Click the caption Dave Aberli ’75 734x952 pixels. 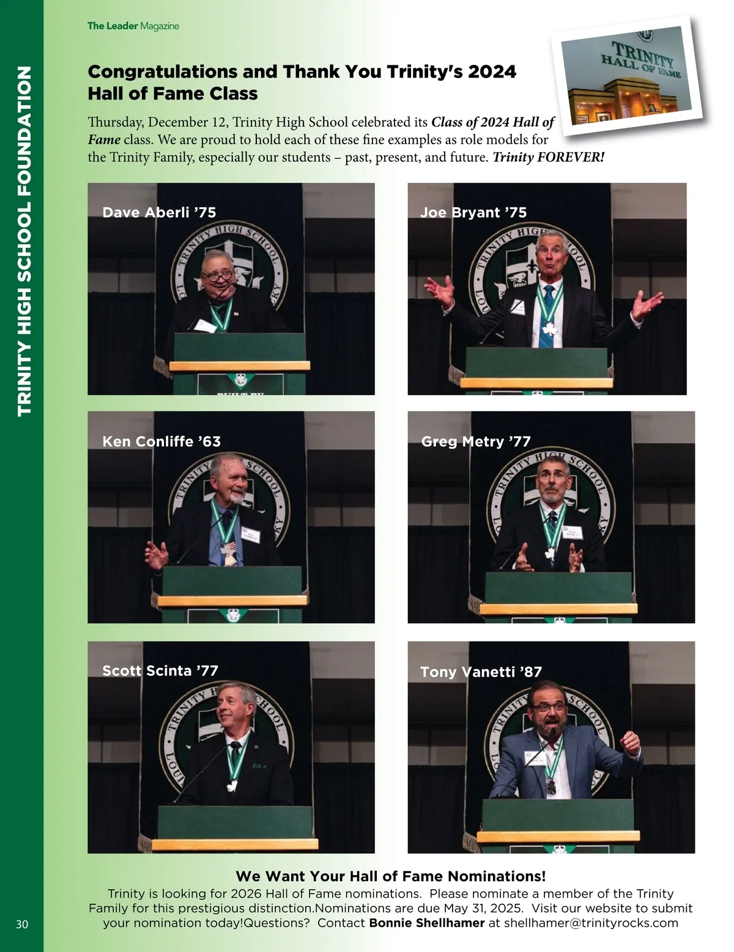click(159, 213)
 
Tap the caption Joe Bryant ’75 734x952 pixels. click(473, 213)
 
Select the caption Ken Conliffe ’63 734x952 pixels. click(161, 441)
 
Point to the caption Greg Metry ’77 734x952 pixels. click(476, 441)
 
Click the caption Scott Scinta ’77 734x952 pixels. click(160, 670)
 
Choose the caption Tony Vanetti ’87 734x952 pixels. click(481, 672)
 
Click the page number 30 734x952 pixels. click(22, 925)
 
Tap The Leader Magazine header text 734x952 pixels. click(133, 26)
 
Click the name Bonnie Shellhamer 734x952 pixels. click(426, 923)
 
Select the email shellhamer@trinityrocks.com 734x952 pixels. click(591, 923)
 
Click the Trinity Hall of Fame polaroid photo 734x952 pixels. click(627, 75)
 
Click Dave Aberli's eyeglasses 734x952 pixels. click(218, 276)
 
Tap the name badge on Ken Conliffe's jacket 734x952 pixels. click(251, 535)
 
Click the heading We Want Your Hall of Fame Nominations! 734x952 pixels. click(391, 876)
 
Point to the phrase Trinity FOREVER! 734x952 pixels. click(549, 157)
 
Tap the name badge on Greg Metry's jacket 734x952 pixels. click(573, 532)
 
